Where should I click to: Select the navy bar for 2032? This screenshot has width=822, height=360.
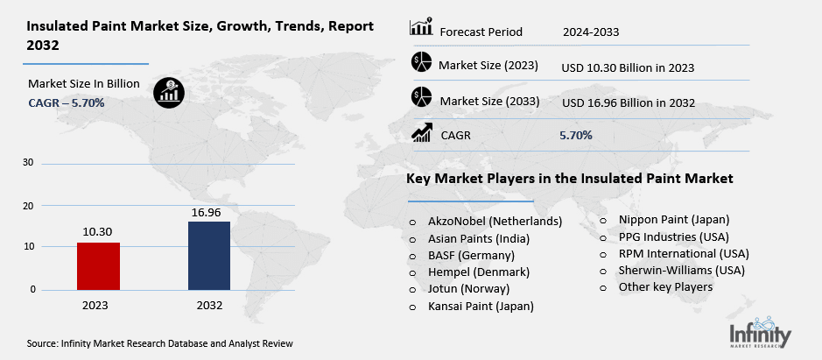click(x=210, y=255)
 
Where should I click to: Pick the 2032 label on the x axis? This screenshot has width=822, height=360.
click(x=210, y=305)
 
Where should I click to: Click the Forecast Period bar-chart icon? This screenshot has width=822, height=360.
click(x=421, y=29)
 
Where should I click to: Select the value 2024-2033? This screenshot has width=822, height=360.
click(x=592, y=32)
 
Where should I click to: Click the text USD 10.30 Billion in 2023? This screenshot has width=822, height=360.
click(x=628, y=66)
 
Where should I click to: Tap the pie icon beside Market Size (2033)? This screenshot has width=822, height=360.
click(x=421, y=99)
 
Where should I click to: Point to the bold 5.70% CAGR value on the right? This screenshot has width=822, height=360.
click(x=576, y=135)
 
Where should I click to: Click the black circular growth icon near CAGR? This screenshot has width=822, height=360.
click(x=167, y=92)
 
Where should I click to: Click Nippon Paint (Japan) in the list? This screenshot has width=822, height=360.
click(x=673, y=219)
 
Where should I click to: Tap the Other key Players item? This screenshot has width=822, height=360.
click(x=665, y=286)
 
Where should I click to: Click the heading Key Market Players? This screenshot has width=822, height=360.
click(x=569, y=179)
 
